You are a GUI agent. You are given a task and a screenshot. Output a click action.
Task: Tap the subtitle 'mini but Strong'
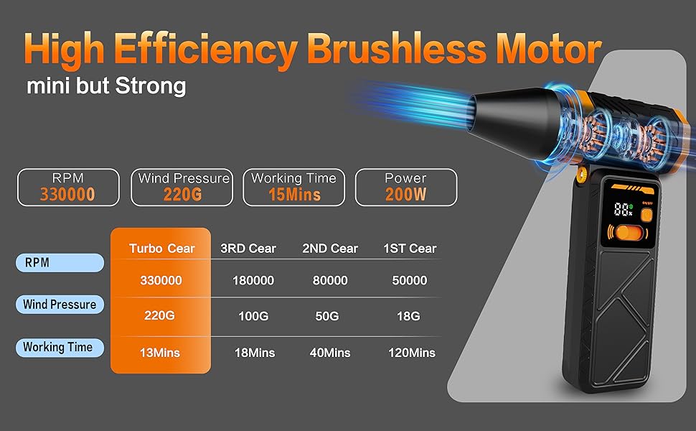pyautogui.click(x=106, y=85)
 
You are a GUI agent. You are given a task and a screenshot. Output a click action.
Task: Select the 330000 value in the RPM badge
pyautogui.click(x=67, y=195)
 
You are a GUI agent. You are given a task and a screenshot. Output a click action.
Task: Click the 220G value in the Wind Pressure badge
pyautogui.click(x=182, y=195)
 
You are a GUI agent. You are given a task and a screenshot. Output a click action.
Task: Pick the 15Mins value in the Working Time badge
pyautogui.click(x=294, y=195)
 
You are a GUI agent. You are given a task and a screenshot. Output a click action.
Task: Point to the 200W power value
pyautogui.click(x=405, y=195)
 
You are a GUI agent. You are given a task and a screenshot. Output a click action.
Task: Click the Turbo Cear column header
pyautogui.click(x=162, y=249)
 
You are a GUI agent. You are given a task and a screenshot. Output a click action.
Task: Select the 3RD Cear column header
pyautogui.click(x=248, y=249)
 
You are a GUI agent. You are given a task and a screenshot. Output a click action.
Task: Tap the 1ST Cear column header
pyautogui.click(x=410, y=249)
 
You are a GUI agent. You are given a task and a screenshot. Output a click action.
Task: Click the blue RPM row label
pyautogui.click(x=60, y=263)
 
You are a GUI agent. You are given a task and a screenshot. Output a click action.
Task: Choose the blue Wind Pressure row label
pyautogui.click(x=60, y=305)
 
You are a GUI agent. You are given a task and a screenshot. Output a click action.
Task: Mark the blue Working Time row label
pyautogui.click(x=60, y=347)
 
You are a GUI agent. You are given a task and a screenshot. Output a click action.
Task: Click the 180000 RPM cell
pyautogui.click(x=253, y=280)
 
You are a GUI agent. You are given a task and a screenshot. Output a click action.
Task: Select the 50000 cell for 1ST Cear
pyautogui.click(x=409, y=280)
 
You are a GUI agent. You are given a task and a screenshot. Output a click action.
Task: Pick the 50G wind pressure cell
pyautogui.click(x=327, y=316)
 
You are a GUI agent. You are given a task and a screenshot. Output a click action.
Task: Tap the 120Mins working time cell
pyautogui.click(x=411, y=353)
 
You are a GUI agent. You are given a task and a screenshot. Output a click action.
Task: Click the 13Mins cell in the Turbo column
pyautogui.click(x=160, y=353)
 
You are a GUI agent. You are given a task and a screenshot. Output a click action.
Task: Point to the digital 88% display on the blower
pyautogui.click(x=623, y=209)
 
